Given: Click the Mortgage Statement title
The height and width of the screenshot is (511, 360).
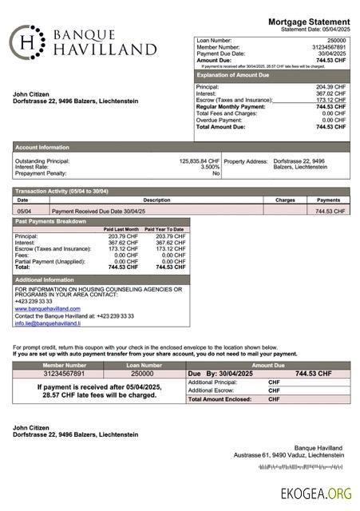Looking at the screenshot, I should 308,22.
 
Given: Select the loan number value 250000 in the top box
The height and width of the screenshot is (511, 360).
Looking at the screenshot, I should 336,40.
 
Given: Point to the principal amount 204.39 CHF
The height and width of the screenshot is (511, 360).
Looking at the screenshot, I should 330,87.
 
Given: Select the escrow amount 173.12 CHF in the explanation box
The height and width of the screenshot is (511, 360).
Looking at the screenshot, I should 330,100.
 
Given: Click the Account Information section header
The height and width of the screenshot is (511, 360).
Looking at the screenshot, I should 42,147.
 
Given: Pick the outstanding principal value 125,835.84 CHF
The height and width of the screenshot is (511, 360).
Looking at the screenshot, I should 199,160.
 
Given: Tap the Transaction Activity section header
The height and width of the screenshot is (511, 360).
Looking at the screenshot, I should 61,192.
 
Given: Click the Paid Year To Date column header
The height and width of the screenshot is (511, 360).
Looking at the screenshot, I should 164,229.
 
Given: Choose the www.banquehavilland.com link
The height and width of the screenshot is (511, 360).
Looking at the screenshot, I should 47,308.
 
